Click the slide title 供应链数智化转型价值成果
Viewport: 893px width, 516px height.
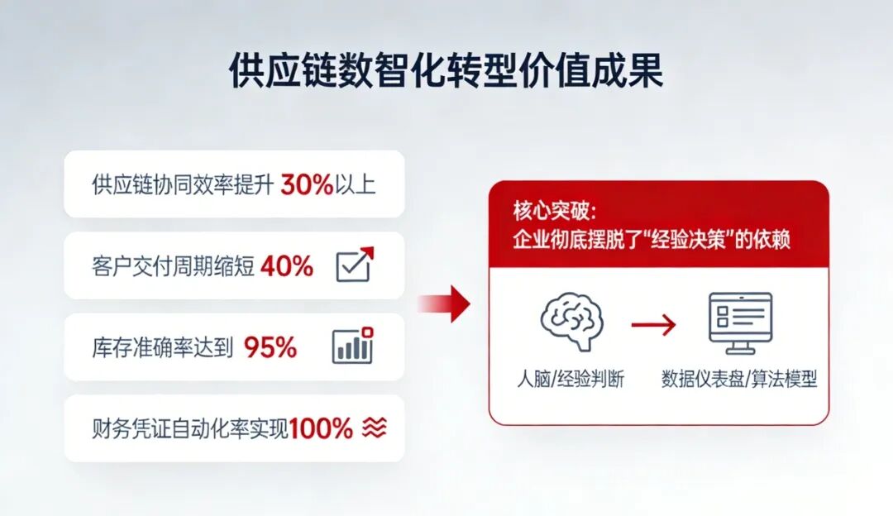(446, 73)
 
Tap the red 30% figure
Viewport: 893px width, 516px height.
(306, 184)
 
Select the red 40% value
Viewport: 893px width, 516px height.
(287, 266)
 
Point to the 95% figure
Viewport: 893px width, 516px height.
(270, 347)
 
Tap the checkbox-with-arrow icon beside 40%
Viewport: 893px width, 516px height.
(355, 265)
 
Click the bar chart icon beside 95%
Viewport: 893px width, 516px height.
(353, 346)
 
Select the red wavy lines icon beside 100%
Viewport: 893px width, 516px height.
(375, 428)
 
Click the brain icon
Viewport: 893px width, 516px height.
(571, 322)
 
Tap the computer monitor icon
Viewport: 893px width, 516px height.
(740, 323)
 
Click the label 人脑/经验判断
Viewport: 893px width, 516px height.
(571, 380)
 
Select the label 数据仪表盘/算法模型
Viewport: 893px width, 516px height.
(739, 380)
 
